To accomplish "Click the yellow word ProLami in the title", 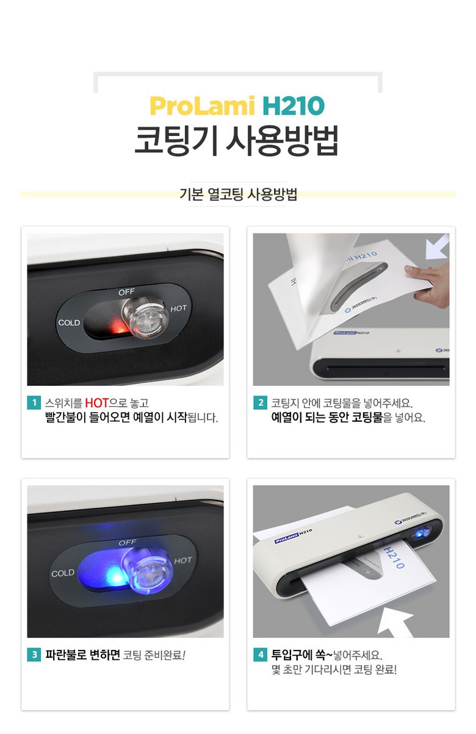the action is point(202,106).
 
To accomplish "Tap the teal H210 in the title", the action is point(294,106).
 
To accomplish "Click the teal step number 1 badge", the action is point(34,403).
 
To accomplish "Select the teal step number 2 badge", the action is point(260,403).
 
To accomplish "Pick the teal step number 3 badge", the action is point(34,655).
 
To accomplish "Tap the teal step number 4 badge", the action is point(260,655).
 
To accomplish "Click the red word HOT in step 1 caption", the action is point(97,403).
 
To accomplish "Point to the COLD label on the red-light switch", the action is point(69,322).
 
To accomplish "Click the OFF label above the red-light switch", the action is point(126,291).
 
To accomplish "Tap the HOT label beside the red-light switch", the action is point(178,308).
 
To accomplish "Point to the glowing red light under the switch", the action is point(119,326).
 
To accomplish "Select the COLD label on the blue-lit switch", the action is point(63,574).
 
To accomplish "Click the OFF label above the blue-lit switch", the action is point(128,543).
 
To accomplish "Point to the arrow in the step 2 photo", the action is point(437,247).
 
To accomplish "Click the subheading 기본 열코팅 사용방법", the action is point(238,194).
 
